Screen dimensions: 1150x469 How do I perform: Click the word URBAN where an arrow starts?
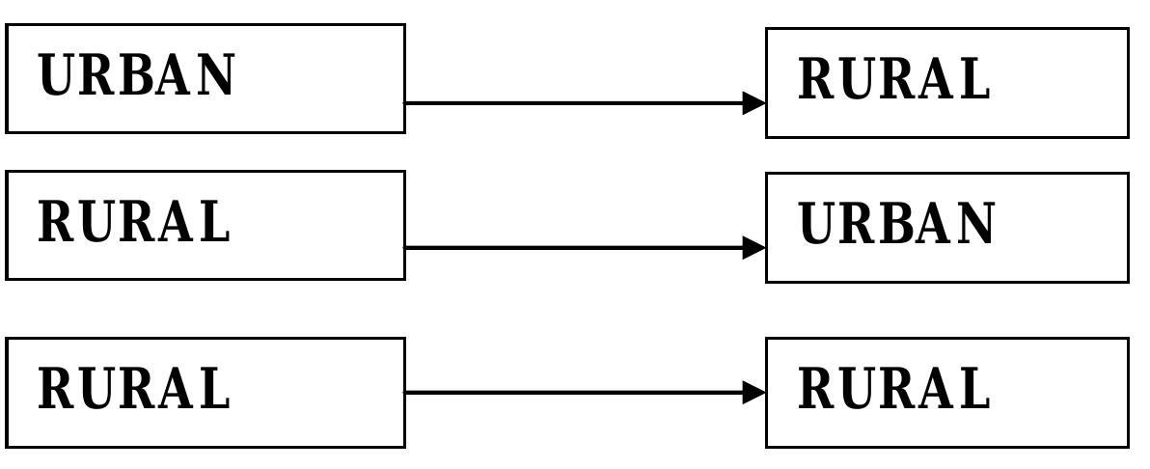[x=136, y=75]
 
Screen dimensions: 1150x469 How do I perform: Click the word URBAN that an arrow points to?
[x=896, y=223]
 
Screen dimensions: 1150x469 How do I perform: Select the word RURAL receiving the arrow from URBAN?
[x=894, y=78]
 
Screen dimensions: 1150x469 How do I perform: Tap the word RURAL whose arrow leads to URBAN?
[x=134, y=222]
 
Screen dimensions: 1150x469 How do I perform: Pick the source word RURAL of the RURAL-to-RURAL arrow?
[x=134, y=388]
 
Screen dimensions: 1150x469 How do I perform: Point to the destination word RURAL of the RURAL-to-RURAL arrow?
[x=894, y=388]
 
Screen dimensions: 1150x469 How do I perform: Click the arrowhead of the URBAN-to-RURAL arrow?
[x=753, y=103]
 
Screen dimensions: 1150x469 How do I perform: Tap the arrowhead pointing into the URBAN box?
[x=753, y=248]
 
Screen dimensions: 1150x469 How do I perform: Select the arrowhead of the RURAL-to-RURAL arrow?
[x=753, y=393]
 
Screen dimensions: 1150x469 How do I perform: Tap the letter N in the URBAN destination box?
[x=974, y=224]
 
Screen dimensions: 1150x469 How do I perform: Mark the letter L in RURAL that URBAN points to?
[x=974, y=78]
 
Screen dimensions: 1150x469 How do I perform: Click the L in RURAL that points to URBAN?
[x=214, y=222]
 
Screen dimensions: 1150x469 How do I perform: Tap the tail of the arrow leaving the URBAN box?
[x=407, y=103]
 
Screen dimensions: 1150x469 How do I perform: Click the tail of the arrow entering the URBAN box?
[x=407, y=248]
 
